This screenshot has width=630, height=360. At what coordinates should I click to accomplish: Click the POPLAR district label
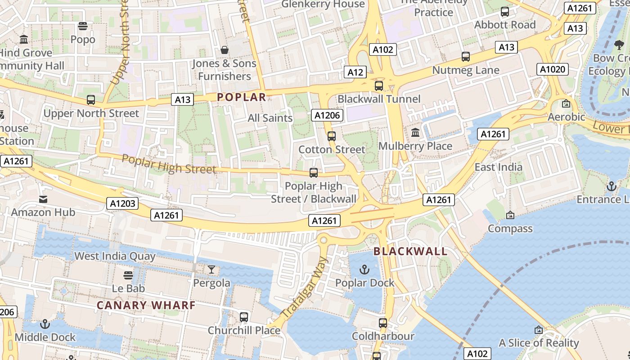coord(242,97)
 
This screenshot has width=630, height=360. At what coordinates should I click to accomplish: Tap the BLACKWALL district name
coord(410,252)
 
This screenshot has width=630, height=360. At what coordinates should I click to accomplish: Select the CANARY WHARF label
coord(146,305)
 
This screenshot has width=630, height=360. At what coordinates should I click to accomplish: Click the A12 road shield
coord(355,72)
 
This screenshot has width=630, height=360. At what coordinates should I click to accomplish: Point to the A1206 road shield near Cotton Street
coord(327,115)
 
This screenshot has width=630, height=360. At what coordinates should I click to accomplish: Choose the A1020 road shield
coord(553,69)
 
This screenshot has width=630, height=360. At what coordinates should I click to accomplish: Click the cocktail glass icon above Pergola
coord(211,270)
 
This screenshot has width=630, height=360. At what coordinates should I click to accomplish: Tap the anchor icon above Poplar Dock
coord(364,270)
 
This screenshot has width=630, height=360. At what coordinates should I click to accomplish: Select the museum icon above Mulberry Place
coord(415,133)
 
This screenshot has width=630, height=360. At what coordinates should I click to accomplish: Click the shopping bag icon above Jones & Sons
coord(224,50)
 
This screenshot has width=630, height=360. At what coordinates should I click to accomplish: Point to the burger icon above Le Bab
coord(128,275)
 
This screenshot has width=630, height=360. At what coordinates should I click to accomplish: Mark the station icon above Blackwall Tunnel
coord(379,85)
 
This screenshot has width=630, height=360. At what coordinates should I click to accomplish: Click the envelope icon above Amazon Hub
coord(43,199)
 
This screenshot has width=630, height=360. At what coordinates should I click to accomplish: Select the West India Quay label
coord(115,256)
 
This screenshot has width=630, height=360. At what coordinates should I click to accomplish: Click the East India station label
coord(499,167)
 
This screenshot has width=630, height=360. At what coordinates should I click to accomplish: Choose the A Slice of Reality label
coord(539,343)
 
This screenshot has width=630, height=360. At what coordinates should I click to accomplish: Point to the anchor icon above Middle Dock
coord(45,324)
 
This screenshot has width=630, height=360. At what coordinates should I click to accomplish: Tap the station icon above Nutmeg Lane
coord(466,57)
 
